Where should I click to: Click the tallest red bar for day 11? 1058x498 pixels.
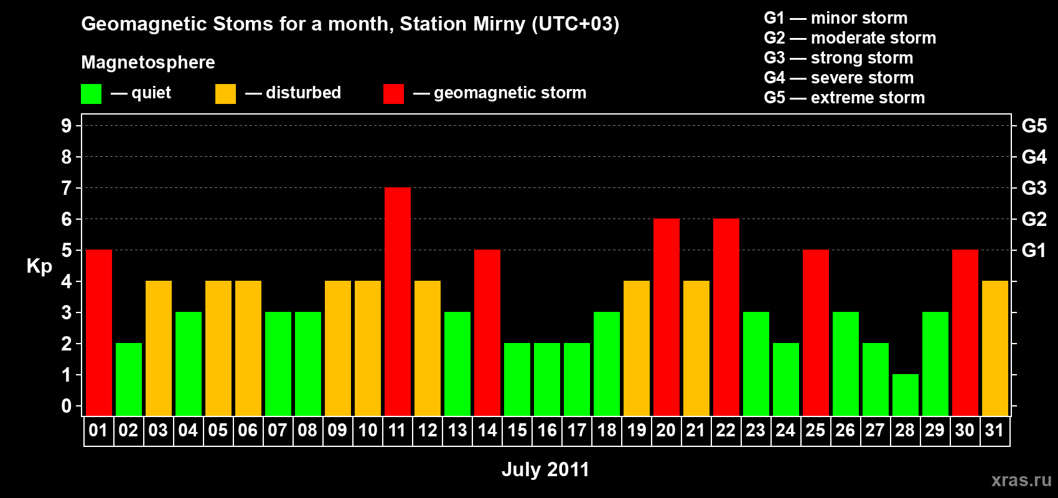[398, 301]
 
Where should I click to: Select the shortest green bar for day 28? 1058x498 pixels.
[906, 395]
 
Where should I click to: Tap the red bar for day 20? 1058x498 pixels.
[667, 317]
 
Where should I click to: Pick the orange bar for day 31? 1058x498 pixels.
[995, 348]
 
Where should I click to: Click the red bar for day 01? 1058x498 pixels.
[99, 332]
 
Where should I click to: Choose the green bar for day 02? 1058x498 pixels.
[129, 379]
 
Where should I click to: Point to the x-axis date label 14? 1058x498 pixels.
[487, 430]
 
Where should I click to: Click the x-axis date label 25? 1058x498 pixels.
[816, 430]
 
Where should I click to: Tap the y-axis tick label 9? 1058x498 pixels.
[66, 126]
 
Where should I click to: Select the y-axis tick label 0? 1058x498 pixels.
[66, 406]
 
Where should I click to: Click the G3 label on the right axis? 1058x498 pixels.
[1034, 188]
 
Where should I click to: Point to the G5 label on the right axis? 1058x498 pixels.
[1034, 126]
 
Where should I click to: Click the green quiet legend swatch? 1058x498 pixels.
[91, 93]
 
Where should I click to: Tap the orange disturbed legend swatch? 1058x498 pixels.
[225, 93]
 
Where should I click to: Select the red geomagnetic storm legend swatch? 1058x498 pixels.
[393, 93]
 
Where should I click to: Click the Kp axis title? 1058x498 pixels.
[39, 266]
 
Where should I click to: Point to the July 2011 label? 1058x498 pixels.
[546, 469]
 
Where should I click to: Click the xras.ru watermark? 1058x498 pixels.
[1021, 480]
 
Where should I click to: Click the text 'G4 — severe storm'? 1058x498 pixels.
[839, 77]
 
